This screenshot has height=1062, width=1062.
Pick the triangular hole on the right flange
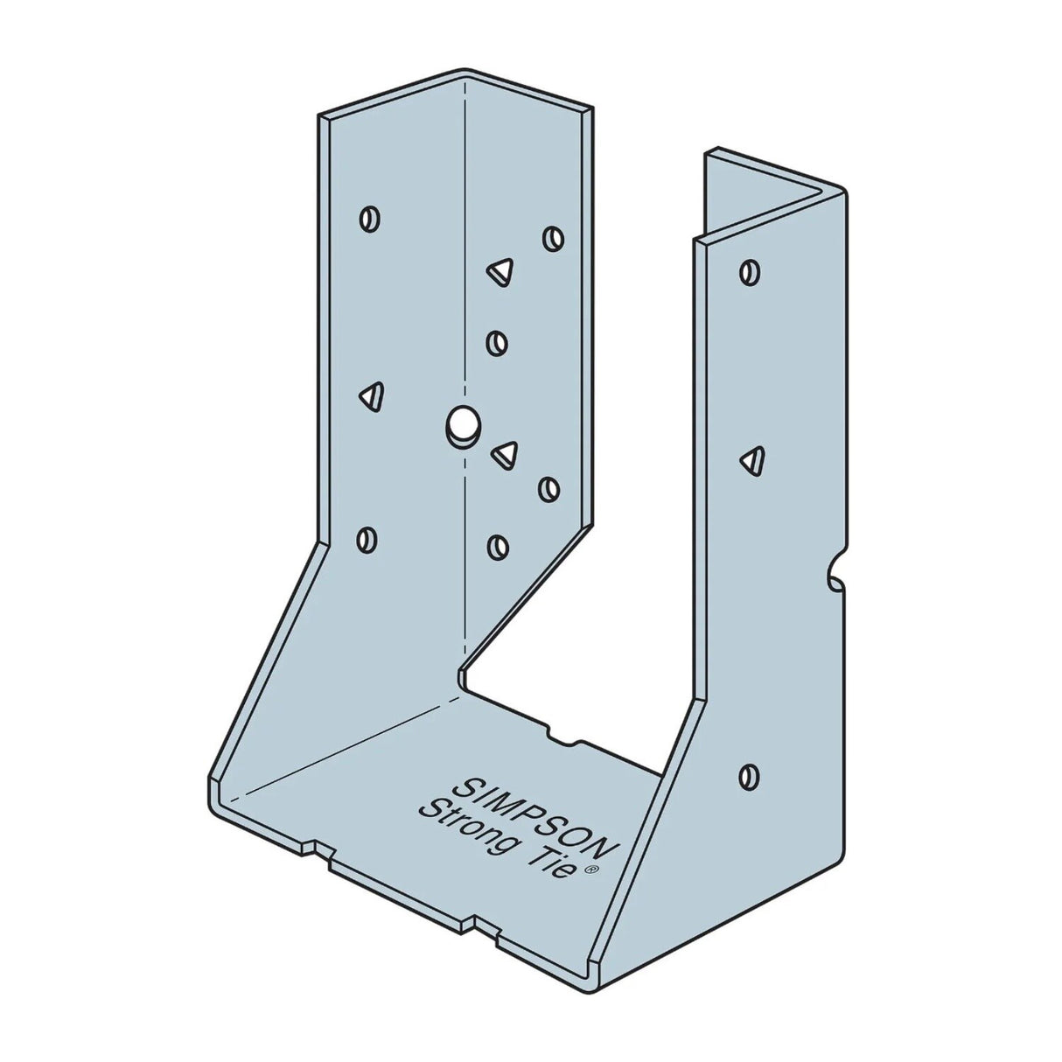pos(752,459)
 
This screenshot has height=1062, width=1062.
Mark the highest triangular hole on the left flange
pos(500,272)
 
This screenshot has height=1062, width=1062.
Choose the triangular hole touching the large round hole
pos(506,452)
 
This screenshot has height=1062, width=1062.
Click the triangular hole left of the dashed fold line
pos(371,396)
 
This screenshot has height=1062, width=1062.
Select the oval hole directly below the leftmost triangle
pos(368,539)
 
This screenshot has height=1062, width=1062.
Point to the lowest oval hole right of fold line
pos(497,547)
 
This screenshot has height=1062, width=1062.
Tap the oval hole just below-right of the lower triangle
pos(549,489)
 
